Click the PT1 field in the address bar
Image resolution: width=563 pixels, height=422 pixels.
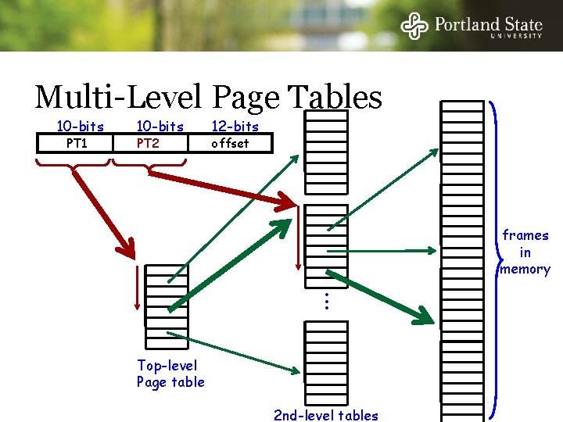[77, 143]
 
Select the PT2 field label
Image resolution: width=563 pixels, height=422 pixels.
[148, 143]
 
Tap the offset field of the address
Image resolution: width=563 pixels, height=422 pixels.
[231, 143]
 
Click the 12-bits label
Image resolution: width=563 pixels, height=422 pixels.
[235, 127]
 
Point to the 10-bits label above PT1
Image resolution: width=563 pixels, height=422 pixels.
[80, 127]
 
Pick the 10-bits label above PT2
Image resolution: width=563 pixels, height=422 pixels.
[160, 127]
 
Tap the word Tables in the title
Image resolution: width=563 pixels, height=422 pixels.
[335, 98]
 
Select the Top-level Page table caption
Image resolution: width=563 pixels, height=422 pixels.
[170, 374]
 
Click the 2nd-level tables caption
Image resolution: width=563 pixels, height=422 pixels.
[325, 416]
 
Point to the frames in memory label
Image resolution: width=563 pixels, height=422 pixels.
[525, 252]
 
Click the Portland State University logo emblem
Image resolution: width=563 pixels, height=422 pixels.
[415, 26]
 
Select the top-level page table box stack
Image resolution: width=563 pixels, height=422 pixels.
[167, 295]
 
